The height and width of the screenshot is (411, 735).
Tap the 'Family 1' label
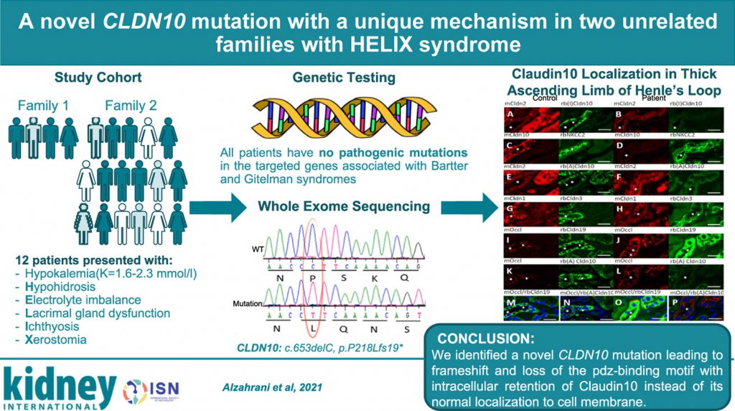point(43,106)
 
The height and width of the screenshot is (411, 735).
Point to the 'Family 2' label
point(131,106)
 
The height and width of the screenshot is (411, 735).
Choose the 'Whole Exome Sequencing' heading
point(345,206)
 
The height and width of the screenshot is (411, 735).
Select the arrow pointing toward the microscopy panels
point(467,208)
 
